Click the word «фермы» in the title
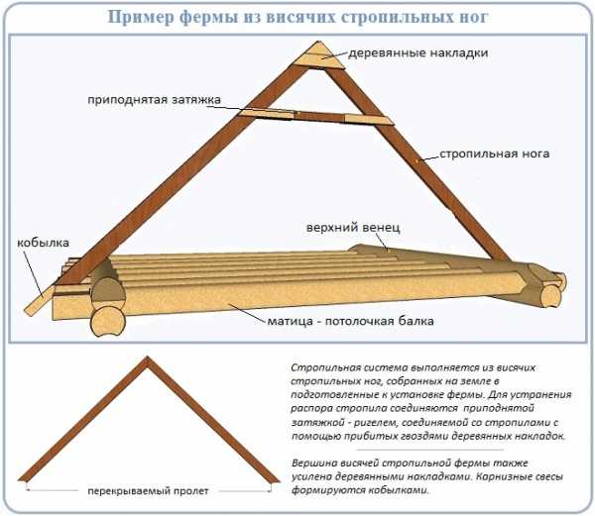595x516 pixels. point(212,18)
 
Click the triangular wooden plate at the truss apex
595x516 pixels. point(324,55)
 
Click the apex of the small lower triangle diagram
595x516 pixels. point(152,361)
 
